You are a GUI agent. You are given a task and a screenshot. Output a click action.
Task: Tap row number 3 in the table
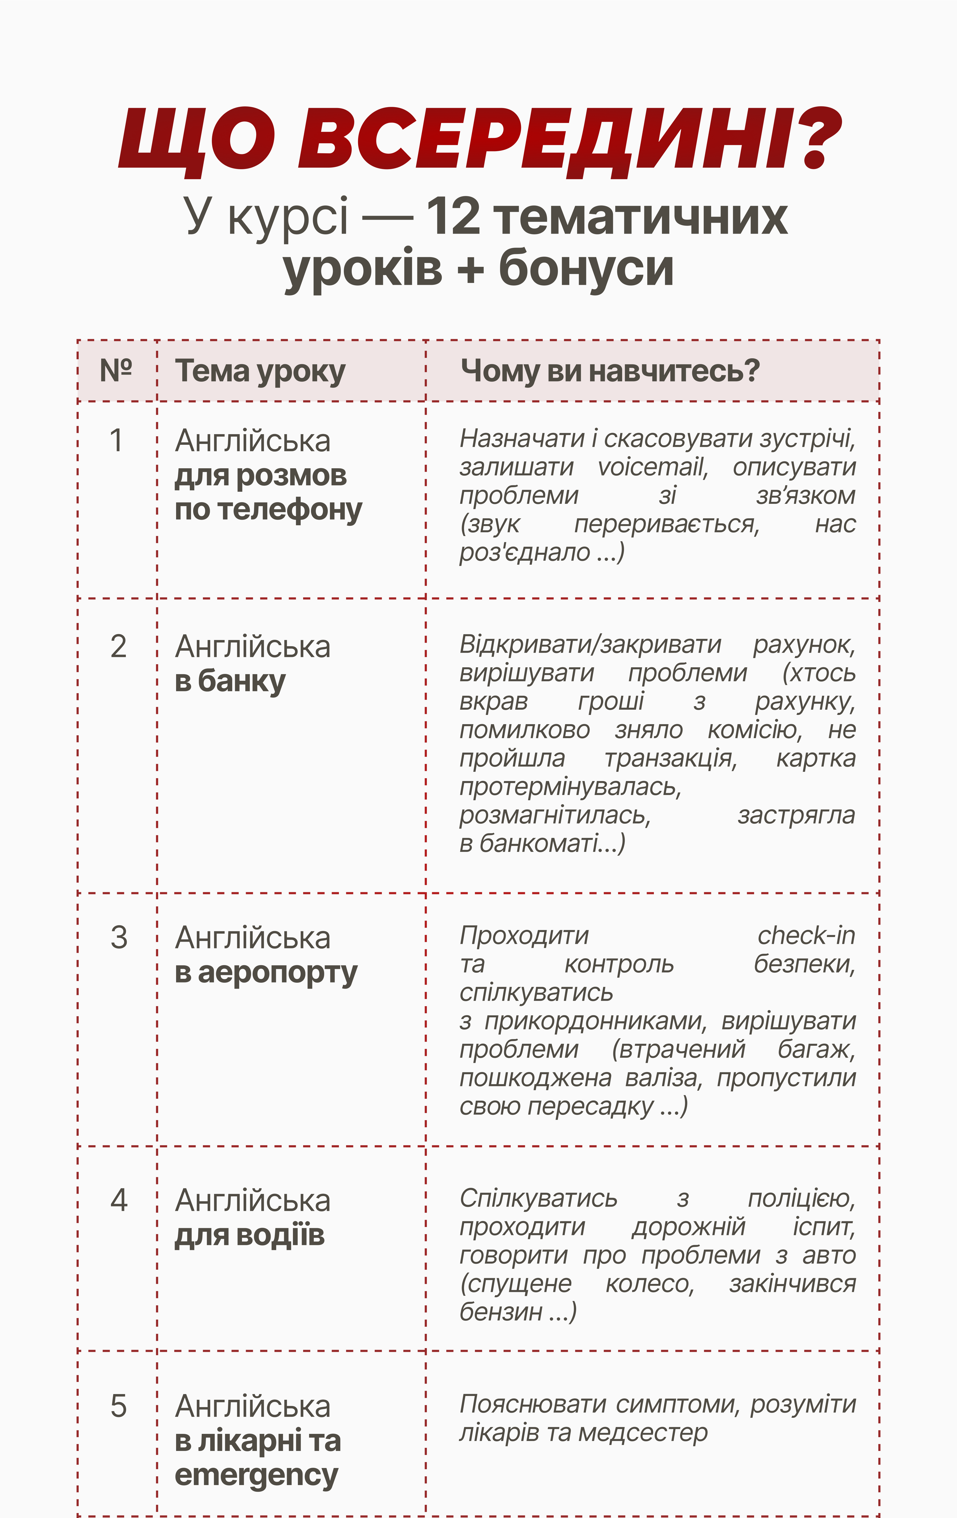pos(118,937)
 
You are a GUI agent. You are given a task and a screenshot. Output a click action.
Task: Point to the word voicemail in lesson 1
pos(652,467)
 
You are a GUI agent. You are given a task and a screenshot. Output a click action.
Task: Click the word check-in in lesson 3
pos(806,936)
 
